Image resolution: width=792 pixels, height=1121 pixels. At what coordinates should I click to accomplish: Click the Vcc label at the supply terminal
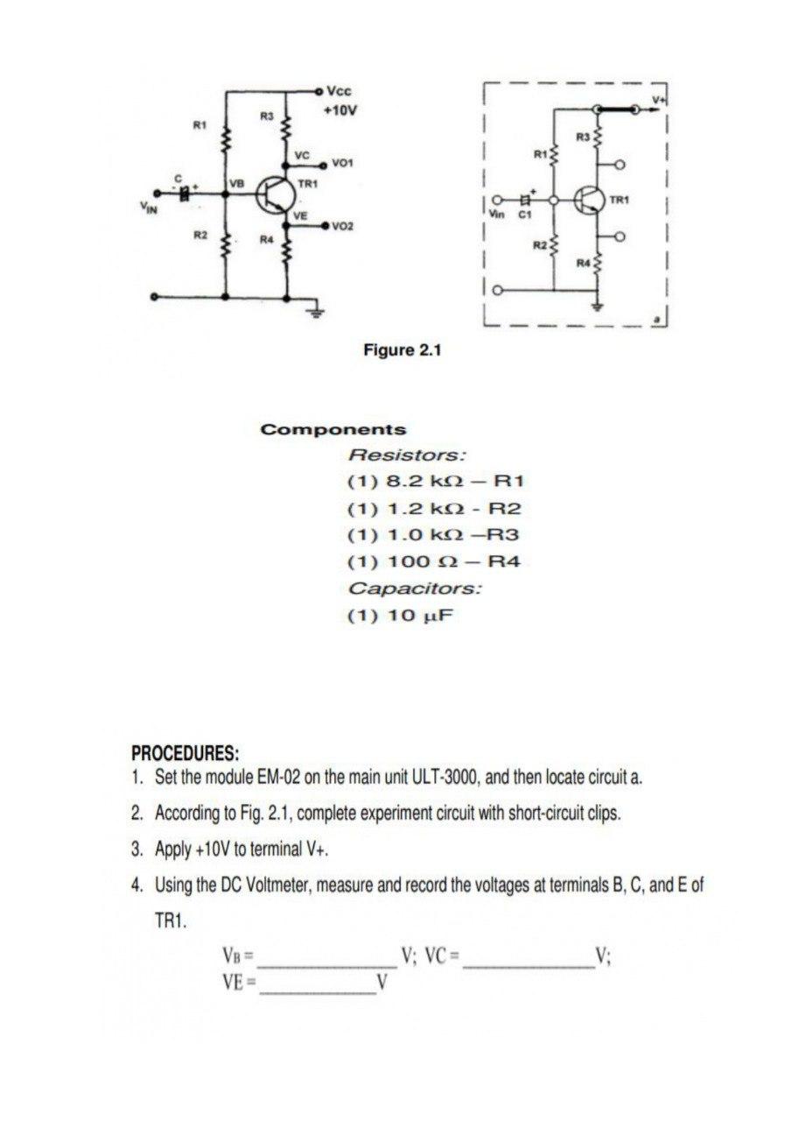coord(339,91)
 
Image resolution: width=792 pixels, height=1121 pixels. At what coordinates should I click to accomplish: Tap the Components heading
coord(333,430)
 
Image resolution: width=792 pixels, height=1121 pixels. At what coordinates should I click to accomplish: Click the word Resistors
coord(407,455)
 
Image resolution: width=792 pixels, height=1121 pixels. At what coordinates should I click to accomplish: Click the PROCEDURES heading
coord(185,754)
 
